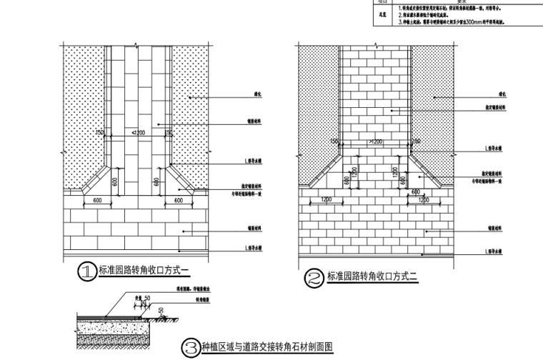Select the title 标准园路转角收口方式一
pyautogui.click(x=142, y=271)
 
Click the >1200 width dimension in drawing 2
pyautogui.click(x=376, y=141)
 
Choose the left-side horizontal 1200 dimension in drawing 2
pyautogui.click(x=327, y=199)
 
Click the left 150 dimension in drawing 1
pyautogui.click(x=100, y=134)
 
